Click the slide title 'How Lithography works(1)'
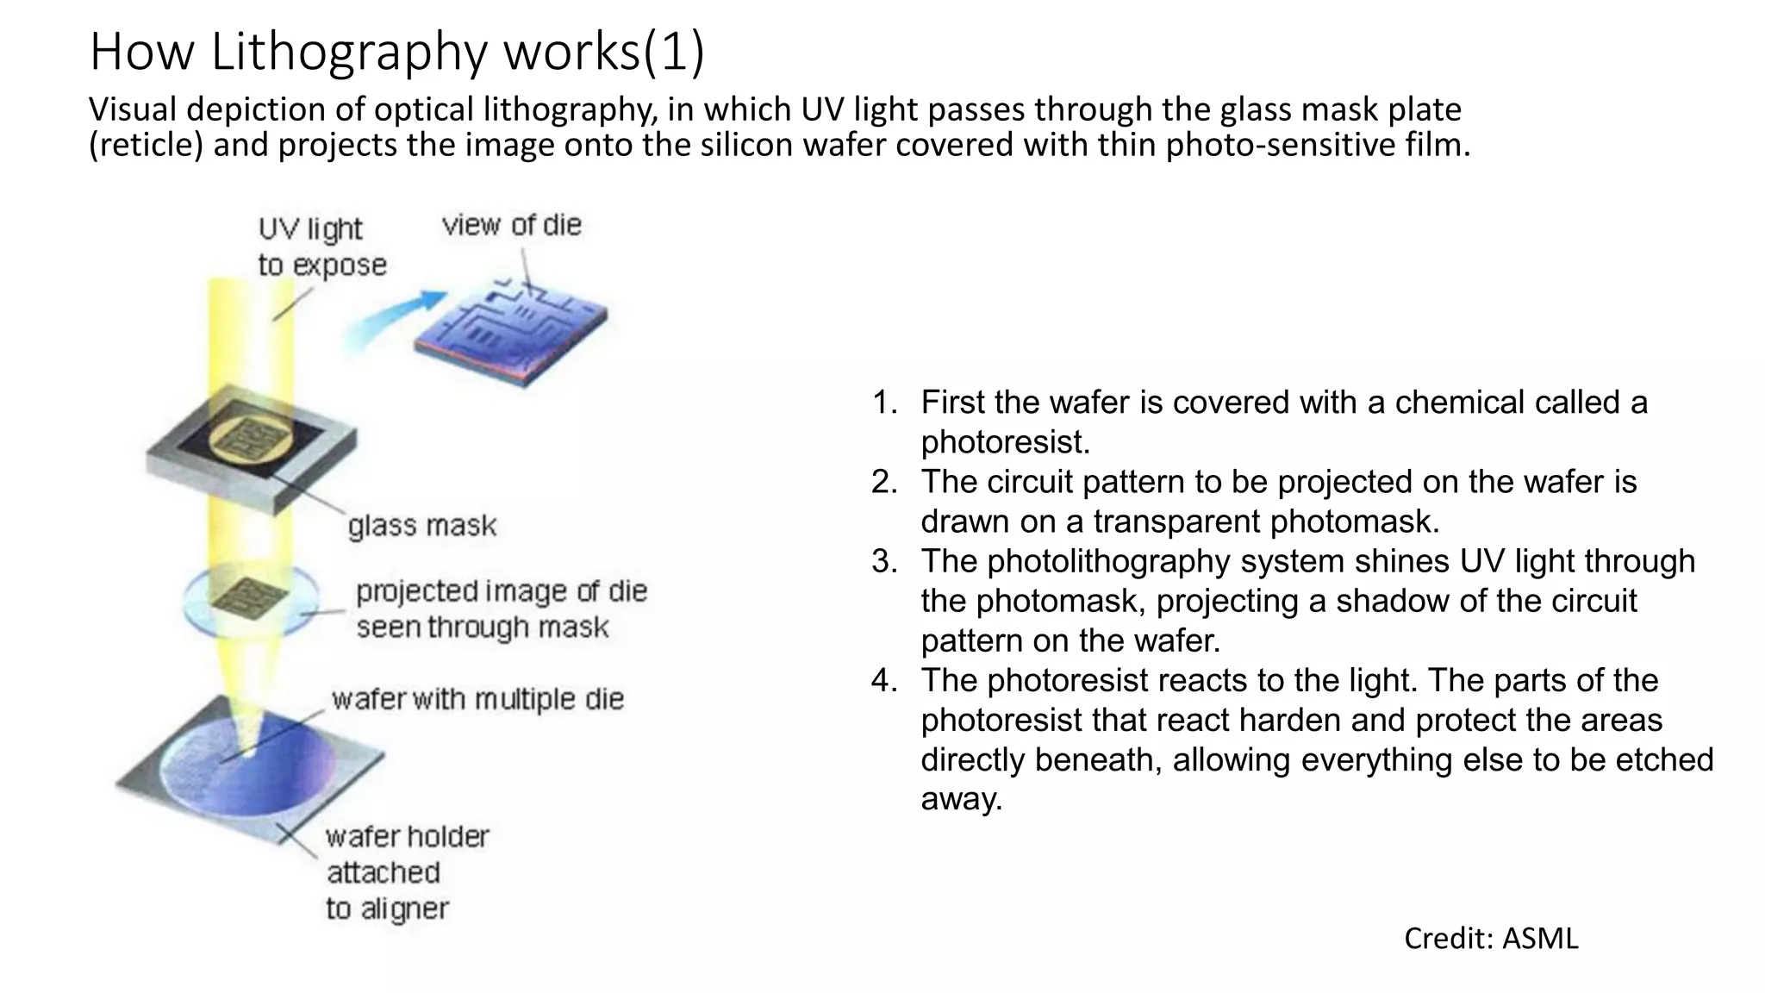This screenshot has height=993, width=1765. point(397,52)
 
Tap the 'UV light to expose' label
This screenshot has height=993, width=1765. point(321,247)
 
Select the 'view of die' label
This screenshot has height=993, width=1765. point(512,225)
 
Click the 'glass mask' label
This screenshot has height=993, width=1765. point(422,526)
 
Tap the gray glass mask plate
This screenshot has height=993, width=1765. point(250,449)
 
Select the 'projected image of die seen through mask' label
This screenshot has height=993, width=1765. point(501,609)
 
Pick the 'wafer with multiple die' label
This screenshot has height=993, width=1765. point(477,699)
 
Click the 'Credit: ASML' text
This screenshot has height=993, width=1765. point(1491,938)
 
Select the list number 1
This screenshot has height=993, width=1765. point(885,403)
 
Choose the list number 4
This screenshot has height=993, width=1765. point(885,681)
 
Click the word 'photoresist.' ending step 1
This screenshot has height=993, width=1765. point(1006,442)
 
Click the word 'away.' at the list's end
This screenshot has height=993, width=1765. point(962,799)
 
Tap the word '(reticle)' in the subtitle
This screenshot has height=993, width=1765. point(147,145)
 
